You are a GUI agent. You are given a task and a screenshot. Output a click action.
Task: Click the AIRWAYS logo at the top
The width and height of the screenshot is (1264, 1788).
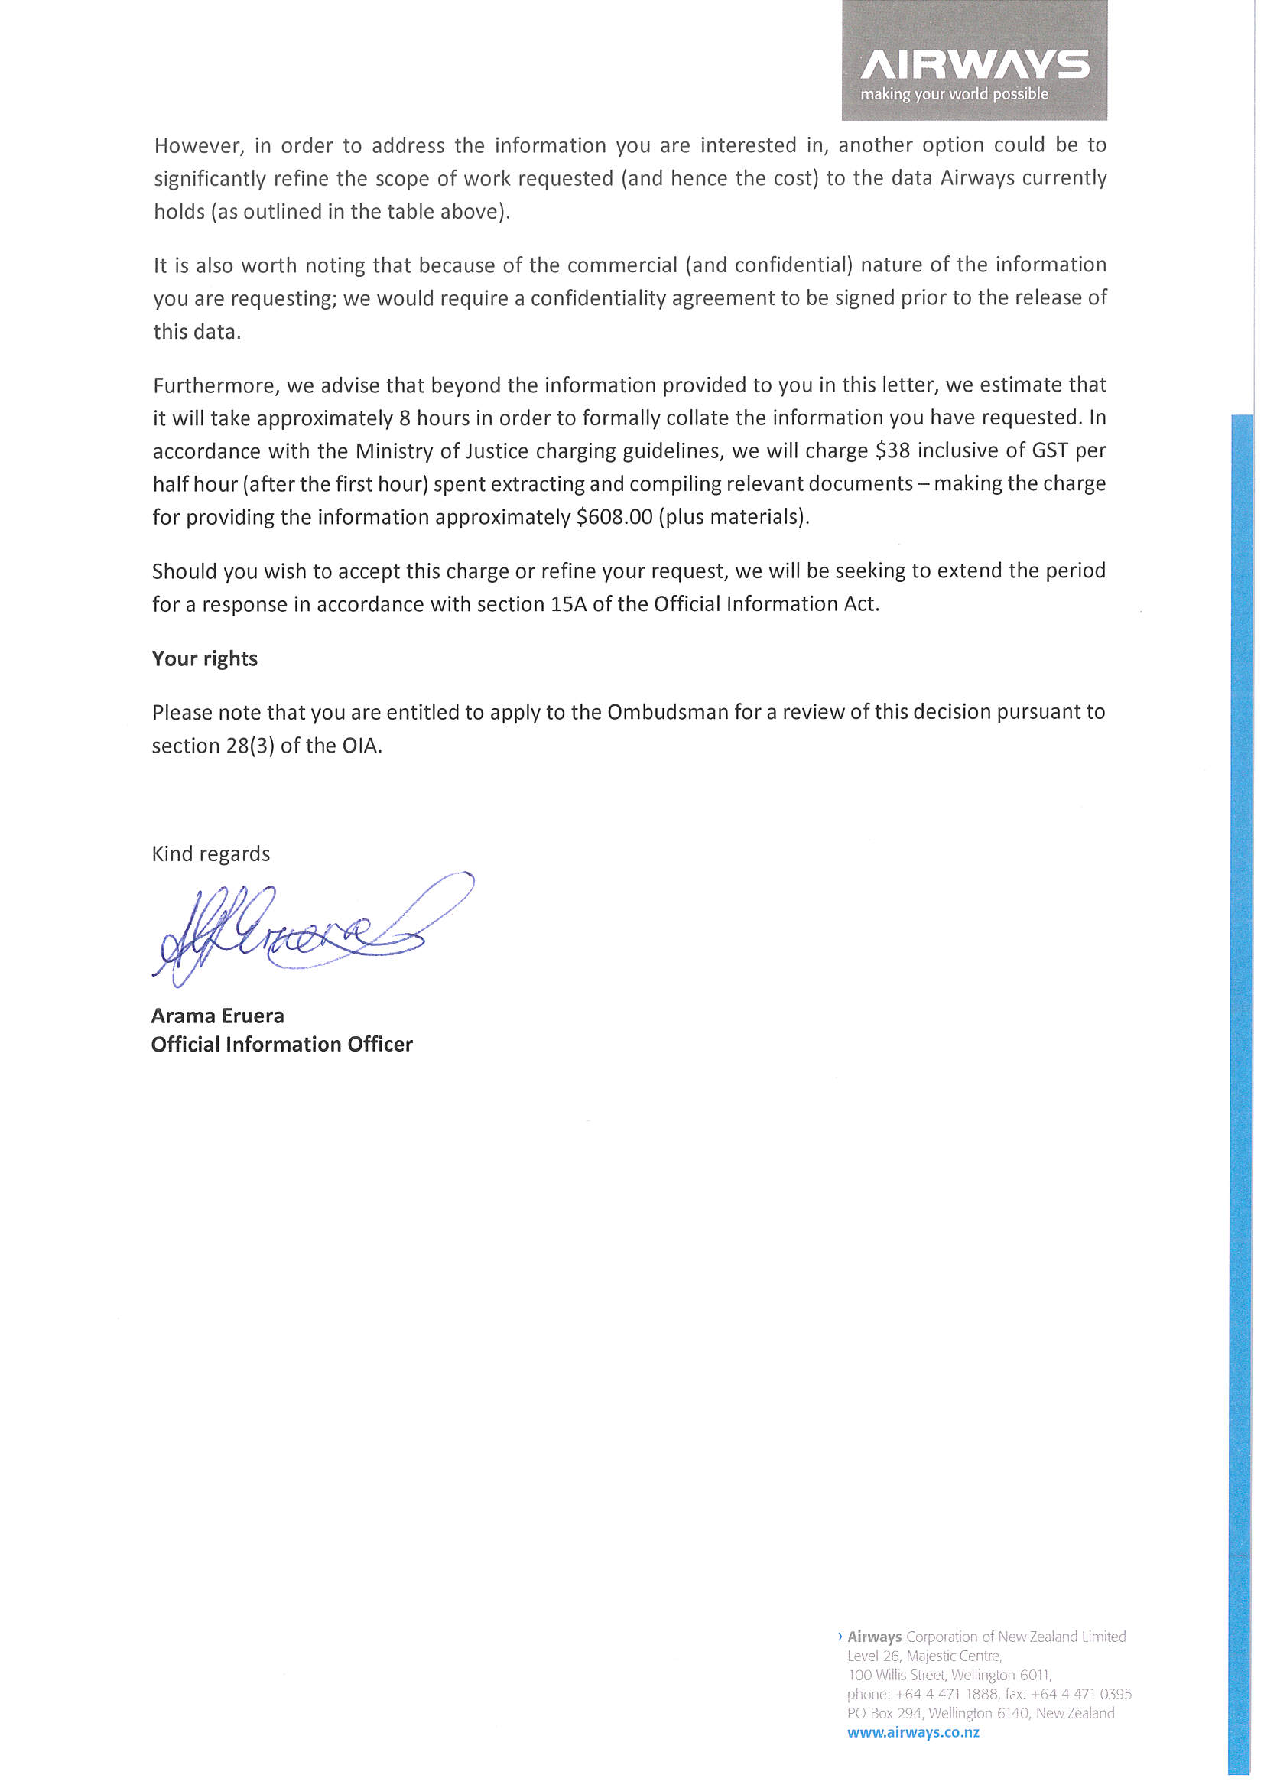(974, 65)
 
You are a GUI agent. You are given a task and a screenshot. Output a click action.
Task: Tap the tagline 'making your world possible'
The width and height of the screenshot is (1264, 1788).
(954, 94)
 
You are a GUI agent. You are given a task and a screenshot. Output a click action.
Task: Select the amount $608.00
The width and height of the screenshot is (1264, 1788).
(614, 517)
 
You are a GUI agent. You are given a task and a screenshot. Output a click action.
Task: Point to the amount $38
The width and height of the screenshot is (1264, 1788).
(892, 451)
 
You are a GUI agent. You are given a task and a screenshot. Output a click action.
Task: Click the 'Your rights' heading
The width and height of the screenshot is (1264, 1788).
(205, 658)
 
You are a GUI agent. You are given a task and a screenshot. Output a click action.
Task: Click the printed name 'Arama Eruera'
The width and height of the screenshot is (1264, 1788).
(217, 1016)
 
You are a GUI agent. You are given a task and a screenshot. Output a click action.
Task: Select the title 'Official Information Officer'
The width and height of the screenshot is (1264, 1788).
(282, 1045)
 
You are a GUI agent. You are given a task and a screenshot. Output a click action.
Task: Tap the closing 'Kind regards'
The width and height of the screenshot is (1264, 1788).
(211, 854)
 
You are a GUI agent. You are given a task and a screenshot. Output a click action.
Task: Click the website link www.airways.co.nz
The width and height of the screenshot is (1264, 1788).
(913, 1733)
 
